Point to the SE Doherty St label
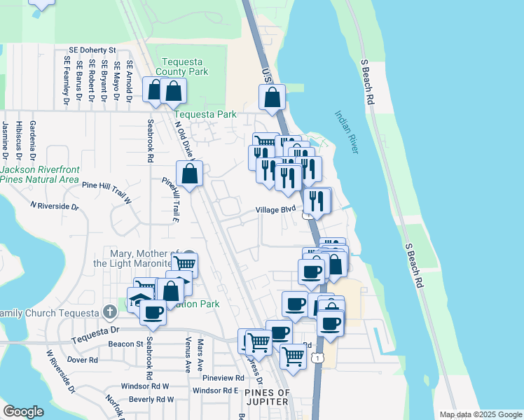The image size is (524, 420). click(92, 50)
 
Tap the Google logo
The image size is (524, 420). click(23, 412)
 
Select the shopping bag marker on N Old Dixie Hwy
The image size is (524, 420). click(189, 173)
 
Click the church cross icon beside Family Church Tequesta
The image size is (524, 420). click(109, 311)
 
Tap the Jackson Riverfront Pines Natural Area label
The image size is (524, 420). click(39, 174)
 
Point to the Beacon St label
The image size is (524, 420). click(125, 344)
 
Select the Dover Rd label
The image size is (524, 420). click(83, 360)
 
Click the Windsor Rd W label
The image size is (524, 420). click(145, 386)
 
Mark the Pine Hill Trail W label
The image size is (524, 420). click(106, 185)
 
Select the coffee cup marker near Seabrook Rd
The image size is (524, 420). click(153, 311)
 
